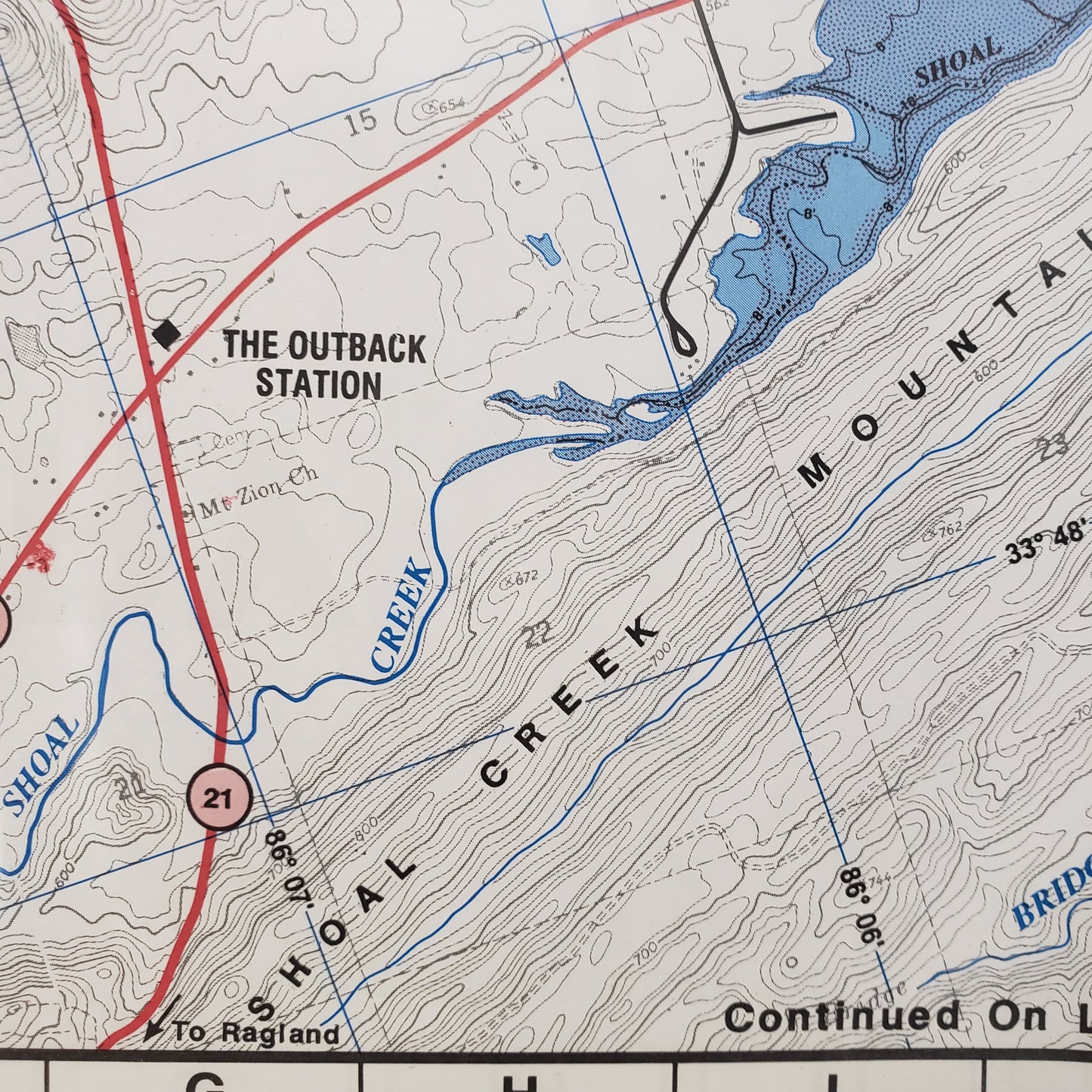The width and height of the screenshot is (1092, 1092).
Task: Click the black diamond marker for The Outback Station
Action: pyautogui.click(x=166, y=333)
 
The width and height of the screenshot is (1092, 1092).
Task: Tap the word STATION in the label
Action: pyautogui.click(x=318, y=384)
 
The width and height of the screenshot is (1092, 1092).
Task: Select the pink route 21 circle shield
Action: pyautogui.click(x=219, y=798)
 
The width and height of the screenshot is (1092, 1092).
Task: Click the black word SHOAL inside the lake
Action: pyautogui.click(x=958, y=62)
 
